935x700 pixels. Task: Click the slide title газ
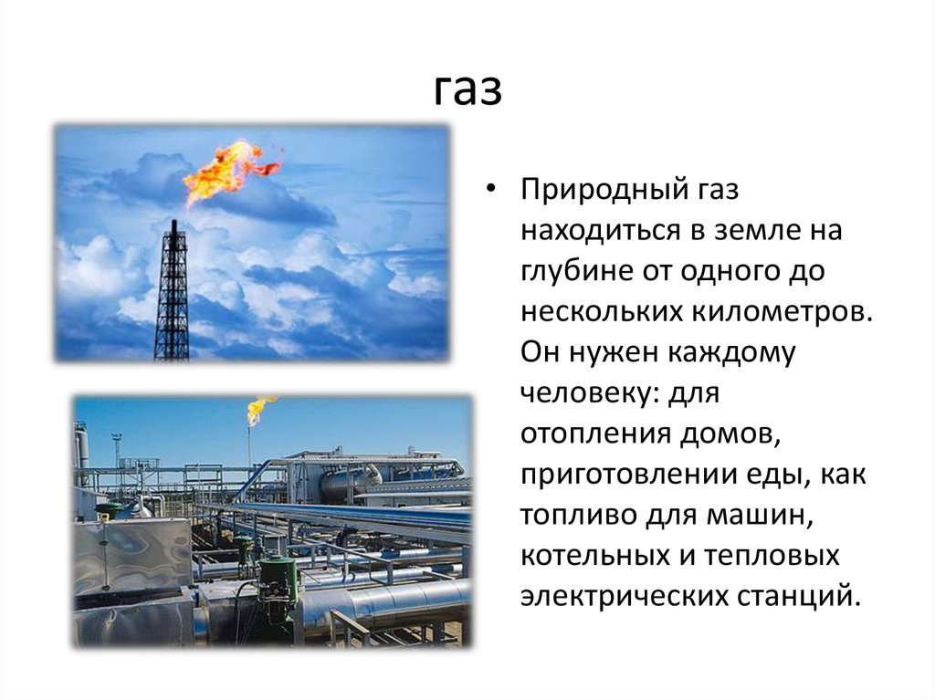pos(467,89)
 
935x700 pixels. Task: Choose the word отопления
pos(591,434)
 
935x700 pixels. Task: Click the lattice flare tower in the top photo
pos(172,292)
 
